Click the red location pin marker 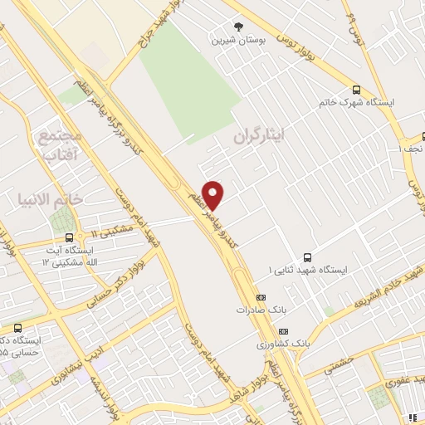213,194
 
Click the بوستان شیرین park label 239,39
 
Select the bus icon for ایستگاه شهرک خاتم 356,90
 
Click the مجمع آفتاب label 59,144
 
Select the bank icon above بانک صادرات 261,296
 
